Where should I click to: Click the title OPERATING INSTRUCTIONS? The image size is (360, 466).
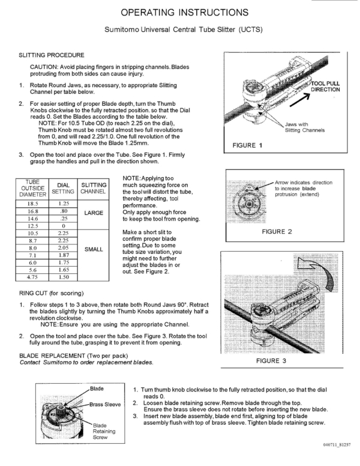[179, 13]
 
